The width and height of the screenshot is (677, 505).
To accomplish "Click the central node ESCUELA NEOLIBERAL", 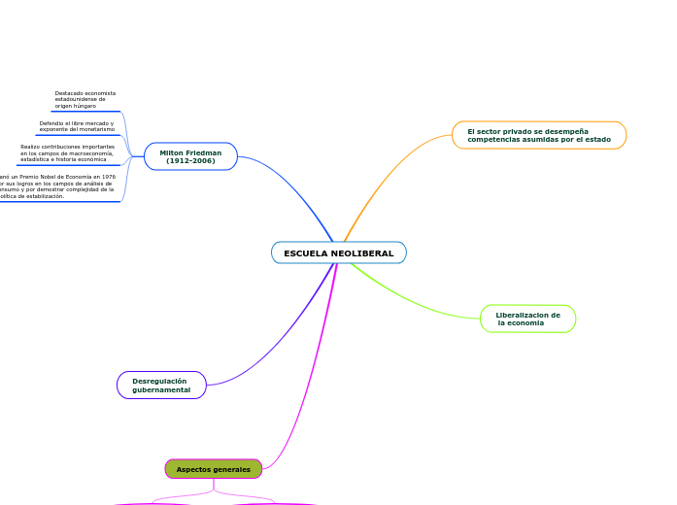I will click(x=338, y=252).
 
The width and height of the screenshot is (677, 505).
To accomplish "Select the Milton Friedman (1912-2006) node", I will click(x=190, y=156).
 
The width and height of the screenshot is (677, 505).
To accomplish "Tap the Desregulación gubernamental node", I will click(x=161, y=386).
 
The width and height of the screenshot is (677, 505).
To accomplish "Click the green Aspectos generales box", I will click(x=213, y=469).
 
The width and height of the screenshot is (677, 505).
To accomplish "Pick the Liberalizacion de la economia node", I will click(x=527, y=319).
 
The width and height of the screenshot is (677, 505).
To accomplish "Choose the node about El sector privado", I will click(x=538, y=135).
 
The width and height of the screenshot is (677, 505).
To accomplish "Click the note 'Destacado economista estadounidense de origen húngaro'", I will click(x=85, y=99).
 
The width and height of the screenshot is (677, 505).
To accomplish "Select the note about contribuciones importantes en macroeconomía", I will click(x=67, y=152).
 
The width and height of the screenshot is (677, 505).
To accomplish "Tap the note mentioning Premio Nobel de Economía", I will click(x=58, y=186).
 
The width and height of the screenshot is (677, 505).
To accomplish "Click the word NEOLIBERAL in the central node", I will click(x=361, y=253).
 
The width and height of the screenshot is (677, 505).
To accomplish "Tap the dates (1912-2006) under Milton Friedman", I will click(x=190, y=160).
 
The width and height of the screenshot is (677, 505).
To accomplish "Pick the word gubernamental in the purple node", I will click(x=161, y=389).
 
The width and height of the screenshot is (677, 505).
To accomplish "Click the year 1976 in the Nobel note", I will click(x=109, y=177).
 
